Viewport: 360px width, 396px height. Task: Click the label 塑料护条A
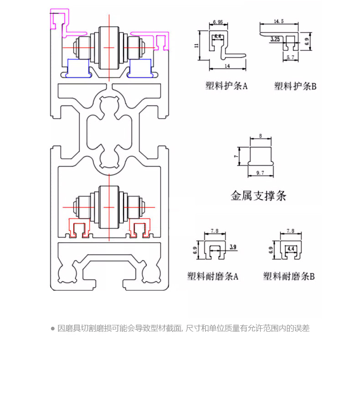226,86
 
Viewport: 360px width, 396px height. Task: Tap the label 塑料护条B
295,86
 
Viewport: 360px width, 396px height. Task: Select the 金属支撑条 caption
258,196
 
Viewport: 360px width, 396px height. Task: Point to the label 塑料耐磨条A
213,276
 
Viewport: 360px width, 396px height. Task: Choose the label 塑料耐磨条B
289,276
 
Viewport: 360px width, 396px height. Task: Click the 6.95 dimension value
217,22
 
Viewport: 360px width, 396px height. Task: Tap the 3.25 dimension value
274,40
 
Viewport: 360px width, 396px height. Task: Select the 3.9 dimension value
233,247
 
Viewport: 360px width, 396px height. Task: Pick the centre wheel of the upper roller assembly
109,47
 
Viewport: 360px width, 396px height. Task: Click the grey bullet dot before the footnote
53,328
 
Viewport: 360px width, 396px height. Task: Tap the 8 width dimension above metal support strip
260,136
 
